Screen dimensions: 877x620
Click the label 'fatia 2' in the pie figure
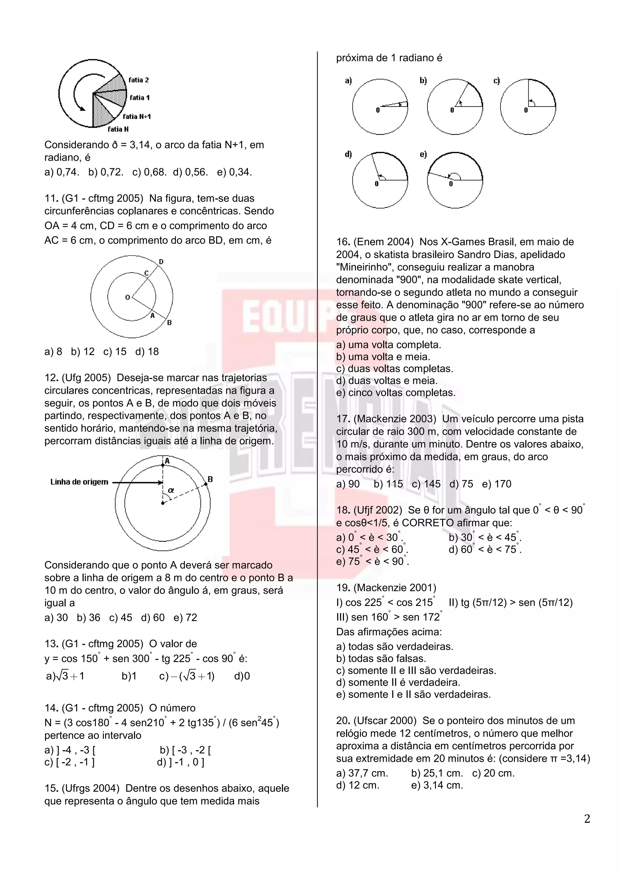pyautogui.click(x=138, y=80)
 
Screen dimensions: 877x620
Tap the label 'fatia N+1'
pyautogui.click(x=137, y=117)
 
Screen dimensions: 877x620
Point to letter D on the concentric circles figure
pyautogui.click(x=161, y=262)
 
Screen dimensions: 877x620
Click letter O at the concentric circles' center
pyautogui.click(x=127, y=297)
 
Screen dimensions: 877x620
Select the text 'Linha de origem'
pyautogui.click(x=79, y=482)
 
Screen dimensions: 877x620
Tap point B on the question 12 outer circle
pyautogui.click(x=206, y=484)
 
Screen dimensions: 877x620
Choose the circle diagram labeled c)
pyautogui.click(x=528, y=107)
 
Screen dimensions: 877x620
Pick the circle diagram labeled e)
pyautogui.click(x=455, y=180)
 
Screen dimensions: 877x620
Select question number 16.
pyautogui.click(x=343, y=242)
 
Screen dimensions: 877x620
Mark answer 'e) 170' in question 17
pyautogui.click(x=496, y=484)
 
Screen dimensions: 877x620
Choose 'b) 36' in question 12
pyautogui.click(x=89, y=618)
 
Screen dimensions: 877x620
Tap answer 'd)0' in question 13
pyautogui.click(x=242, y=676)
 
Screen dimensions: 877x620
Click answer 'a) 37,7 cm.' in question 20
pyautogui.click(x=362, y=773)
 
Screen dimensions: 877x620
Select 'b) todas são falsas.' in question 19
pyautogui.click(x=381, y=659)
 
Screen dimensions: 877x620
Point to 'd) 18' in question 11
pyautogui.click(x=147, y=352)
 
